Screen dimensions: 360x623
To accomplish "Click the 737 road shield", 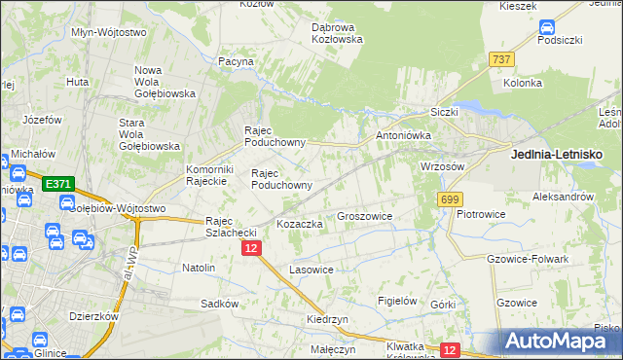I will (x=501, y=59).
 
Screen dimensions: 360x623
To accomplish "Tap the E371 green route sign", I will (x=57, y=184).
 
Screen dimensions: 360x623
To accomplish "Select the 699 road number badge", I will (x=449, y=198).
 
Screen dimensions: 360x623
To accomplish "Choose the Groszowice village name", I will (x=364, y=216).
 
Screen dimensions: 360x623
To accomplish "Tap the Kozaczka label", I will (x=300, y=224).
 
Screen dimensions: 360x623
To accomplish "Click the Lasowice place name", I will (x=311, y=269).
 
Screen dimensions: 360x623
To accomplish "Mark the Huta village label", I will (x=78, y=82).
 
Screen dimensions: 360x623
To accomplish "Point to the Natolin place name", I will (x=199, y=267).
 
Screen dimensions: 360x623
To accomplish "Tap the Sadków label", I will (x=219, y=304).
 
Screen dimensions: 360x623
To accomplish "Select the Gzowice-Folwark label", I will (x=526, y=259).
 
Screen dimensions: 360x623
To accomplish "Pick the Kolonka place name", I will (x=523, y=84).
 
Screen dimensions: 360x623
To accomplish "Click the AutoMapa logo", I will (x=560, y=342).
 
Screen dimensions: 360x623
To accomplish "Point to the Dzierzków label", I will (x=93, y=315).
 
